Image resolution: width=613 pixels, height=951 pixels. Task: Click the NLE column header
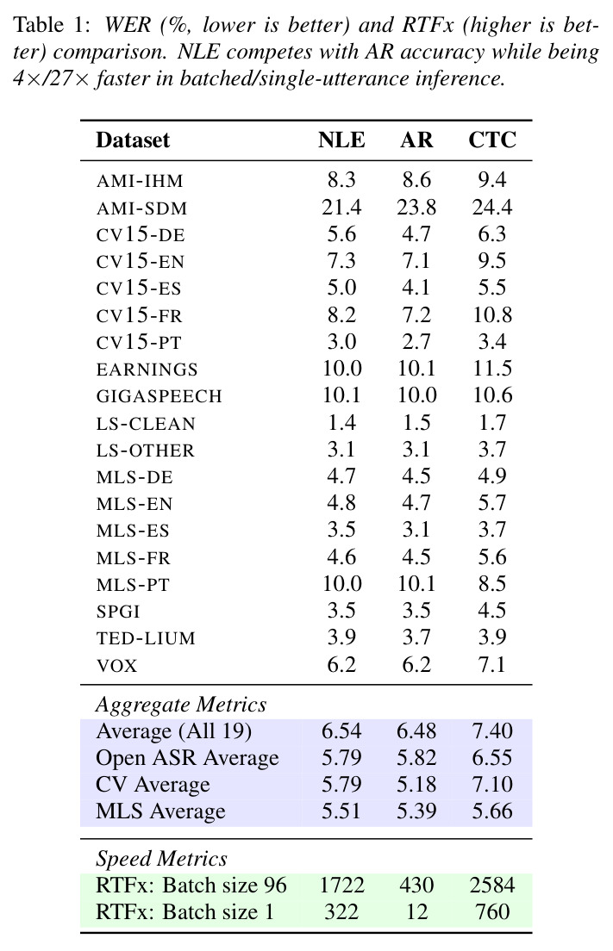tap(341, 140)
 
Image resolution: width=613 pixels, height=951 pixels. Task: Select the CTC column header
tap(491, 140)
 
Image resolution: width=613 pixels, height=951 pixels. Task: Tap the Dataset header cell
tap(133, 140)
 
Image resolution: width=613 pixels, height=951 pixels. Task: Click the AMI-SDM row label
tap(141, 208)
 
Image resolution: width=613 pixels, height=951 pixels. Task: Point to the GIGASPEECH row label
tap(159, 395)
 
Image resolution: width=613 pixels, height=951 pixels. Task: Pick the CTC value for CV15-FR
tap(492, 314)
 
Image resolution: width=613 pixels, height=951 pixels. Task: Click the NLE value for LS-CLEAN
tap(341, 422)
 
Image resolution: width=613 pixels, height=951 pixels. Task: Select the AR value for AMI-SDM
tap(416, 208)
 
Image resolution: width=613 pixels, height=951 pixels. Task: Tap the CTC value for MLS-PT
tap(491, 583)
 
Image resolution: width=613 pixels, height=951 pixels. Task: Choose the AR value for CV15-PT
tap(416, 341)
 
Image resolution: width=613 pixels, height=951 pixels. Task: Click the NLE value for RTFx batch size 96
tap(341, 885)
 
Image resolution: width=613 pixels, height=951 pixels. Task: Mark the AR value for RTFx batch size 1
tap(416, 911)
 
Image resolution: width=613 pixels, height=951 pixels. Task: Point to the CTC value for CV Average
tap(492, 784)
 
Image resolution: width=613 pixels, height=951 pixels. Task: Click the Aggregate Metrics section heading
tap(181, 705)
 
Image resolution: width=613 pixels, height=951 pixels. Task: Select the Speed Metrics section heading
tap(161, 859)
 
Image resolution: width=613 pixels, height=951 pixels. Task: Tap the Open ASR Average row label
tap(187, 758)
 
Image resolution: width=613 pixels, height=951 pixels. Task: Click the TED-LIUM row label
tap(146, 638)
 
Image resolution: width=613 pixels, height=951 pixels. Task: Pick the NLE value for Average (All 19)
tap(341, 730)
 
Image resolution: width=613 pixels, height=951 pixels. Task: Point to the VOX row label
tap(116, 665)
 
